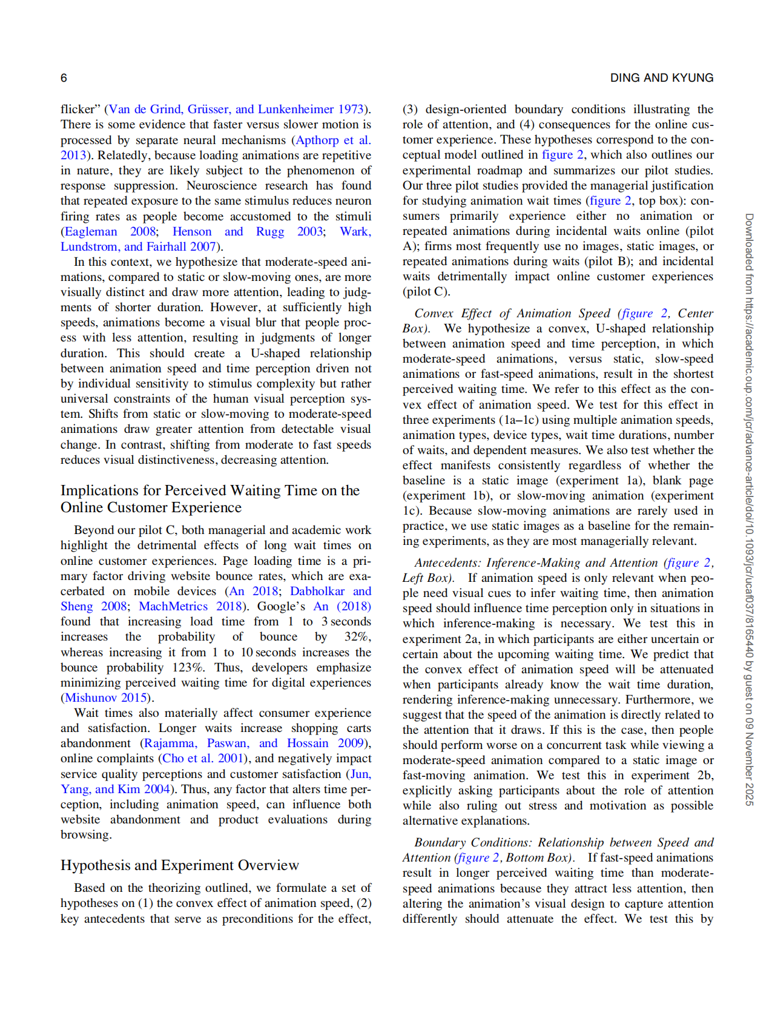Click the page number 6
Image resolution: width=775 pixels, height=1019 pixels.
pyautogui.click(x=64, y=78)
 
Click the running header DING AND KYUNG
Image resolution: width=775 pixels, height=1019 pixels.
pyautogui.click(x=661, y=78)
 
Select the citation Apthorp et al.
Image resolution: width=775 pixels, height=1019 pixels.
pyautogui.click(x=332, y=140)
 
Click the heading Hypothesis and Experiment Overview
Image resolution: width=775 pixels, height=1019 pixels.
pyautogui.click(x=180, y=865)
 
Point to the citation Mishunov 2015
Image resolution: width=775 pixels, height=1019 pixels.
pyautogui.click(x=106, y=697)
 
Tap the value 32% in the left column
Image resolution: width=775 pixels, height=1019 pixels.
pyautogui.click(x=357, y=636)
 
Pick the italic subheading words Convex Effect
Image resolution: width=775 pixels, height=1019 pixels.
pyautogui.click(x=453, y=313)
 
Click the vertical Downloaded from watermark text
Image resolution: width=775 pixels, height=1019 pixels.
pyautogui.click(x=749, y=509)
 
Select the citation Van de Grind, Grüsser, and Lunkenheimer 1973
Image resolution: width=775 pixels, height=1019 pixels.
pyautogui.click(x=236, y=109)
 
